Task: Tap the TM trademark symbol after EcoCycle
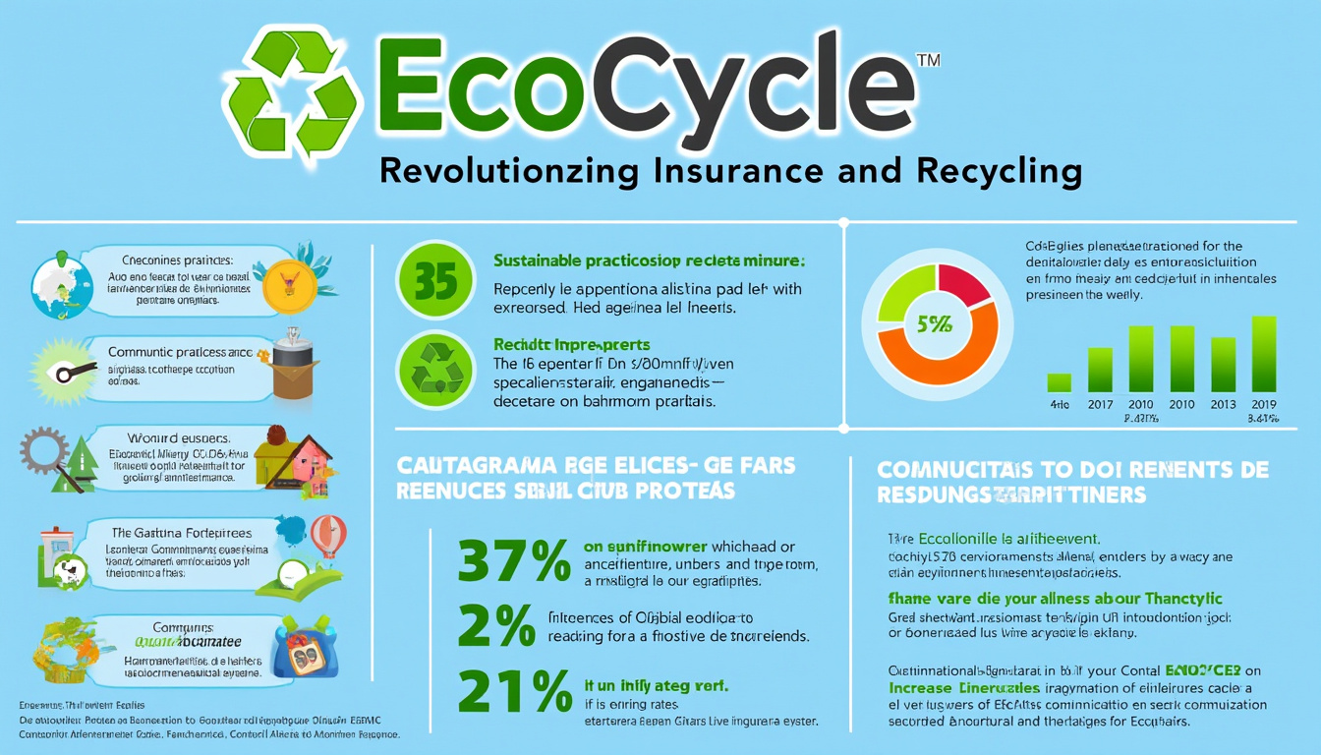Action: point(928,61)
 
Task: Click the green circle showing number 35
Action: point(435,281)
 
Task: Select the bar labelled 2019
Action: point(1264,354)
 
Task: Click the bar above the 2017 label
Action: point(1100,370)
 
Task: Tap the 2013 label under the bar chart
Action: point(1223,404)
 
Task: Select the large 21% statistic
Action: point(513,694)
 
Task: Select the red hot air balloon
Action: point(327,536)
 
